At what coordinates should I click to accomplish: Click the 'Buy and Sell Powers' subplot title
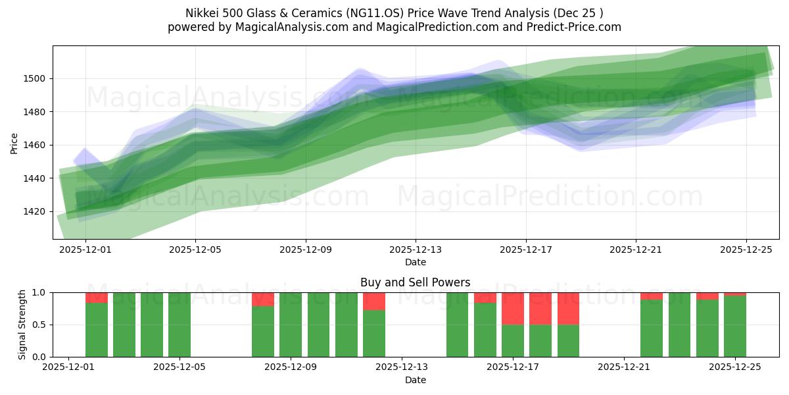pos(415,282)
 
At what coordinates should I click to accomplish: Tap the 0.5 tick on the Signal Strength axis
pos(39,325)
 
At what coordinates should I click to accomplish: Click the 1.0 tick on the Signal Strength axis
pos(39,292)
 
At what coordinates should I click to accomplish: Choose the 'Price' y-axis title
pos(14,142)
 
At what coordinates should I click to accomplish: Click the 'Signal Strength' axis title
pos(22,325)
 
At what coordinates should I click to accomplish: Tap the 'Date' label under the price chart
pos(415,262)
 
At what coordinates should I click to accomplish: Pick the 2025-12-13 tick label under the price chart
pos(415,250)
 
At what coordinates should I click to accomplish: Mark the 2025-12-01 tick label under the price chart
pos(85,250)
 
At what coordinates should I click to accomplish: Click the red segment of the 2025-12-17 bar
pos(513,308)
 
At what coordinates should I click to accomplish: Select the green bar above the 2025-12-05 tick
pos(179,325)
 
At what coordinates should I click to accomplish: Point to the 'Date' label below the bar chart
pos(415,380)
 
